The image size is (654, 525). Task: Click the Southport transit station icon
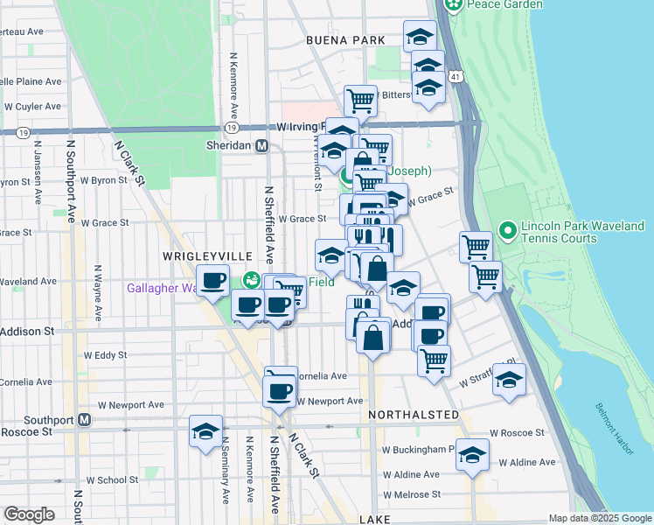click(x=84, y=419)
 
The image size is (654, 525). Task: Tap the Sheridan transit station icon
click(x=261, y=146)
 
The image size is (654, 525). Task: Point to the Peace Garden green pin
click(x=455, y=5)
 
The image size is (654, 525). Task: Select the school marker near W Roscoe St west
click(x=206, y=430)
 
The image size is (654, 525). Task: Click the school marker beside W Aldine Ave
click(x=473, y=454)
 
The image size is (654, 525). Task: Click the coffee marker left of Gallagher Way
click(x=213, y=281)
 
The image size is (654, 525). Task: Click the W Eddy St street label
click(x=105, y=355)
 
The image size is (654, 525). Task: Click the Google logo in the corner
click(x=29, y=514)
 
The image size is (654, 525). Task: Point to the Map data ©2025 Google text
click(x=600, y=519)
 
